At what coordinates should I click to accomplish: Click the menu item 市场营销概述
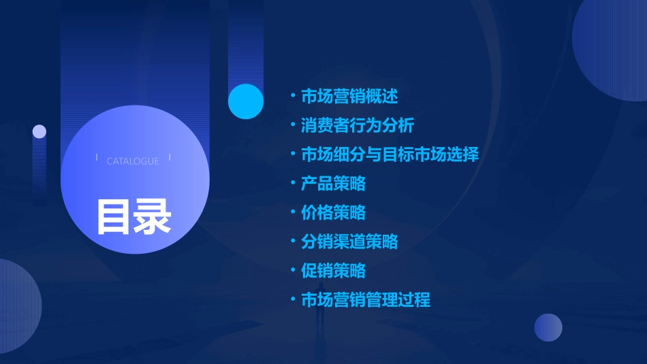pyautogui.click(x=349, y=96)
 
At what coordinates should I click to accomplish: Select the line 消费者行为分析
pyautogui.click(x=358, y=125)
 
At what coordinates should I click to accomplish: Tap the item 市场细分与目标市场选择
pyautogui.click(x=390, y=154)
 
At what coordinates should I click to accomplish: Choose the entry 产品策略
pyautogui.click(x=333, y=183)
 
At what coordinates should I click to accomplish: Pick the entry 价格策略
pyautogui.click(x=333, y=212)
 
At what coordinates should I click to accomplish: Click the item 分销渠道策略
pyautogui.click(x=349, y=242)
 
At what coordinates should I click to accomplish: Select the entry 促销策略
pyautogui.click(x=333, y=271)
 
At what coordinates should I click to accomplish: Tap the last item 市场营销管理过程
pyautogui.click(x=366, y=299)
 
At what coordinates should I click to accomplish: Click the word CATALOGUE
pyautogui.click(x=133, y=161)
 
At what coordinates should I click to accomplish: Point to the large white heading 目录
pyautogui.click(x=133, y=216)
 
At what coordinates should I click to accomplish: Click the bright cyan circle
pyautogui.click(x=246, y=101)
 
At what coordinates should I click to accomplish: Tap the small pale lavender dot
pyautogui.click(x=40, y=131)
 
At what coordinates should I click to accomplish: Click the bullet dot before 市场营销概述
pyautogui.click(x=292, y=96)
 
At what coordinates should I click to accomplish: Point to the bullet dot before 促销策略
pyautogui.click(x=292, y=271)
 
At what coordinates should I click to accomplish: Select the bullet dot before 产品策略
pyautogui.click(x=292, y=183)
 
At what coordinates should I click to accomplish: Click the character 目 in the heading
pyautogui.click(x=114, y=216)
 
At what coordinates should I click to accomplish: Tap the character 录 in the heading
pyautogui.click(x=153, y=216)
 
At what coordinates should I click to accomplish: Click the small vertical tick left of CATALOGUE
pyautogui.click(x=97, y=158)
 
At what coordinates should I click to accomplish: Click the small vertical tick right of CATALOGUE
pyautogui.click(x=170, y=158)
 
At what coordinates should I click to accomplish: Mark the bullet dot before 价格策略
pyautogui.click(x=292, y=212)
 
